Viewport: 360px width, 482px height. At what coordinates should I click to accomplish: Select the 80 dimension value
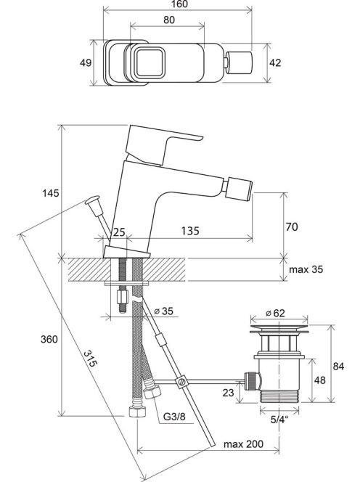tap(169, 20)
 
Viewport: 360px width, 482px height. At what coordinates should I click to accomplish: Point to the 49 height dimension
tap(86, 62)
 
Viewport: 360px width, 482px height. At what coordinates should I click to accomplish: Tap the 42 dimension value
tap(275, 62)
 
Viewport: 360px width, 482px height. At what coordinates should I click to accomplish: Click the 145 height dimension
tap(51, 193)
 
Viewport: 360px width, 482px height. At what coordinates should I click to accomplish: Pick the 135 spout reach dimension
tap(190, 231)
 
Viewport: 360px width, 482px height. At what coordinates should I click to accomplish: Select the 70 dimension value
tap(292, 227)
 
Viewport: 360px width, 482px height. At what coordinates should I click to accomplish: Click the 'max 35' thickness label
tap(306, 269)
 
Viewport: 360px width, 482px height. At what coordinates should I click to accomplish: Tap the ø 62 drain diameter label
tap(275, 314)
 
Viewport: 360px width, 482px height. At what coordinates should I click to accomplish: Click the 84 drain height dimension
tap(338, 367)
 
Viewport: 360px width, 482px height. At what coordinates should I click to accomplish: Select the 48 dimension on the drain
tap(320, 380)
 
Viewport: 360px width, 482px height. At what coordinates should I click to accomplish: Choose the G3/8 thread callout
tap(174, 417)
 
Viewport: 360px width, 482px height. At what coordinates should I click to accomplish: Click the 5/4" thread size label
tap(279, 420)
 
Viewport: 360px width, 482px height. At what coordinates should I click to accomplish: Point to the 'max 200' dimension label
tap(243, 444)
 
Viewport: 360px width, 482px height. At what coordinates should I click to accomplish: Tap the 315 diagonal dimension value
tap(91, 359)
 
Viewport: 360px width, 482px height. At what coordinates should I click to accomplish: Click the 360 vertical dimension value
tap(49, 340)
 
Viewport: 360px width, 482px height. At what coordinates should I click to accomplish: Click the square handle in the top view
tap(150, 62)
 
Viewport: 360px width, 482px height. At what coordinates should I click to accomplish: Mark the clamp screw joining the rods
tap(181, 382)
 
